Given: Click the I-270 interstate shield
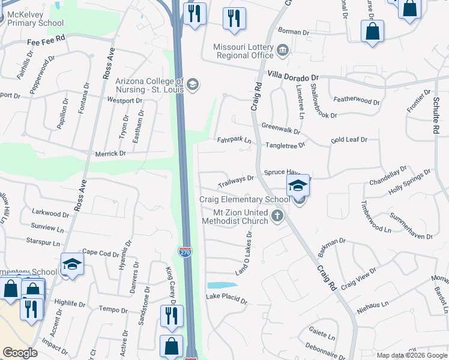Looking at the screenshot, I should pyautogui.click(x=185, y=248).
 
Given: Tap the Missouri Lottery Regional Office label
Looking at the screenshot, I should pyautogui.click(x=244, y=52).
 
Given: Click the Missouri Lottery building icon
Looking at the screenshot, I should pyautogui.click(x=282, y=49).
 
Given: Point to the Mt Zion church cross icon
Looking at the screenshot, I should pyautogui.click(x=277, y=216).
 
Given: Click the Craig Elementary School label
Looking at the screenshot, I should pyautogui.click(x=244, y=199).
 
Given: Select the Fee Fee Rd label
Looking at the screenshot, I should pyautogui.click(x=45, y=43).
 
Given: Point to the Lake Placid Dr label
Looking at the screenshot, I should pyautogui.click(x=226, y=298).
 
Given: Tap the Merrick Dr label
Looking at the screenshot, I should pyautogui.click(x=110, y=154).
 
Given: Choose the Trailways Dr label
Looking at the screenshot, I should pyautogui.click(x=236, y=179).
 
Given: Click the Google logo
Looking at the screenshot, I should pyautogui.click(x=20, y=353).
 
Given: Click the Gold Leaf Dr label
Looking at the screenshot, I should pyautogui.click(x=349, y=140).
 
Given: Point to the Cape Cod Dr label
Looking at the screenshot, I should pyautogui.click(x=100, y=253).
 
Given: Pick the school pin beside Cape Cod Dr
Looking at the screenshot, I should pyautogui.click(x=71, y=265).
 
